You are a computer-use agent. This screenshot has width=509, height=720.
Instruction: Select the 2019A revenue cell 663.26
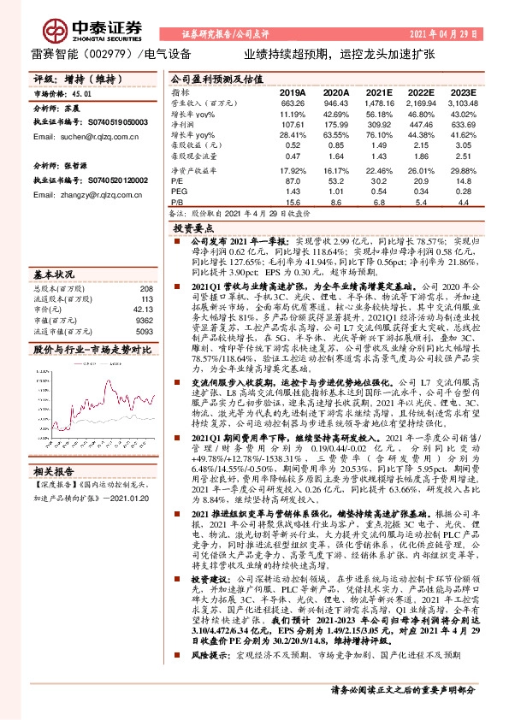[x=293, y=102]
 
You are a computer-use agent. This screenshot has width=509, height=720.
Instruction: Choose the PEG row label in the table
[x=178, y=191]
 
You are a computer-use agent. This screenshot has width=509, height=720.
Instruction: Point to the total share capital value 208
[x=146, y=288]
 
